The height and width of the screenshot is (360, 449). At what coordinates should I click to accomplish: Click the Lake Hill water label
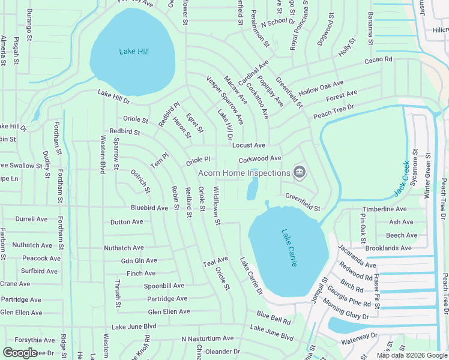134,52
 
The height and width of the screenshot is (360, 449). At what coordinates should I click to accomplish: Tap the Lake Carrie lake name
289,248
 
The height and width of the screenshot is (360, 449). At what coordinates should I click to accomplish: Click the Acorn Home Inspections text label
244,173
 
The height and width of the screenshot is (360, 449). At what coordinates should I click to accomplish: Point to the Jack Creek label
402,179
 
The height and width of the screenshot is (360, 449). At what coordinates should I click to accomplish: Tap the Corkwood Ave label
260,158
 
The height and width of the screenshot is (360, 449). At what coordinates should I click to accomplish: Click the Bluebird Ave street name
149,208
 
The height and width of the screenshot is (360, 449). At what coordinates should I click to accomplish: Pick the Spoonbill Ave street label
164,286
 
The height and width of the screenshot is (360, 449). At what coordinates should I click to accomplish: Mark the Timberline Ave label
385,209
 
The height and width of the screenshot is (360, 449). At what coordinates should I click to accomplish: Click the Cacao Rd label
378,60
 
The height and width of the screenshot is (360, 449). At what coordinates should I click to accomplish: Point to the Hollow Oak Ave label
321,88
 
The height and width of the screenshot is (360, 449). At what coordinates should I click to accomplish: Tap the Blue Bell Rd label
273,316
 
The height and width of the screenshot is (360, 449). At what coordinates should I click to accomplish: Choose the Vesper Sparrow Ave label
225,100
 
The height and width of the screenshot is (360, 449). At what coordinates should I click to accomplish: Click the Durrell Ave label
31,219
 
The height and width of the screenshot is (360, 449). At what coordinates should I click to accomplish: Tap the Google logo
19,353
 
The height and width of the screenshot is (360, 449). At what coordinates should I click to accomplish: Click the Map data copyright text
412,355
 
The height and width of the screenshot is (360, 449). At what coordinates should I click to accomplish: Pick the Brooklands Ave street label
388,248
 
